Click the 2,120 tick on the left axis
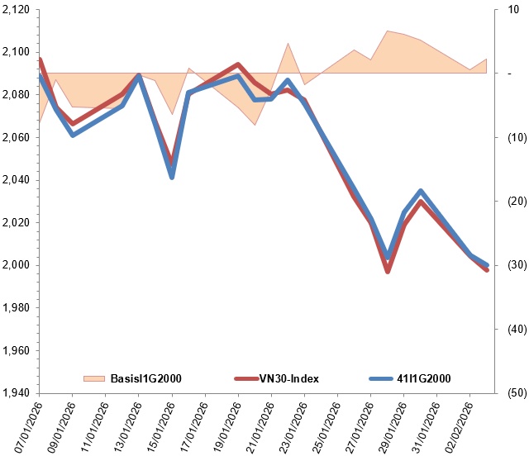click(x=16, y=10)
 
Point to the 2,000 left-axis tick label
click(x=16, y=265)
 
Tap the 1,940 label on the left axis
click(x=16, y=392)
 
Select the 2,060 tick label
click(x=16, y=137)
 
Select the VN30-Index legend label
click(x=289, y=378)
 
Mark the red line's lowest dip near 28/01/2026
click(x=388, y=271)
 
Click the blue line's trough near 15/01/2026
click(x=172, y=177)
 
